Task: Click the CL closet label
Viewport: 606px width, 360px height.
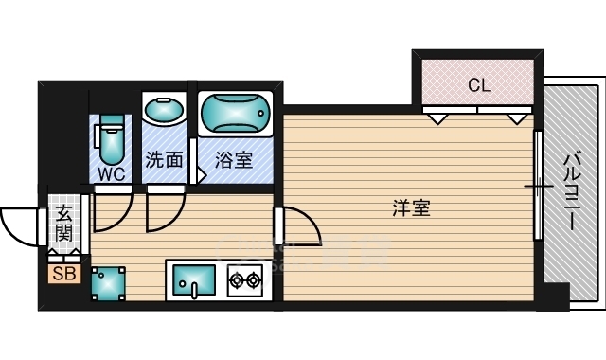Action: tap(479, 84)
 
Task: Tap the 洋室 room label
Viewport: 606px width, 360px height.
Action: tap(411, 207)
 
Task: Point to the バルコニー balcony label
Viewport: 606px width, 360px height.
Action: tap(572, 191)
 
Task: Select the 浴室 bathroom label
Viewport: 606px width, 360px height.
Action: tap(234, 160)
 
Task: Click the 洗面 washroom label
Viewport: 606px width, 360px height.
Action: tap(164, 159)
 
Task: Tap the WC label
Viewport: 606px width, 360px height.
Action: tap(112, 174)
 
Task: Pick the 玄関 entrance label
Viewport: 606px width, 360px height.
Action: tap(63, 224)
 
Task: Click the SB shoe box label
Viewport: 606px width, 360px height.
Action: tap(64, 274)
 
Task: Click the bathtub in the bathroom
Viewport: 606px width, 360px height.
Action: tap(236, 114)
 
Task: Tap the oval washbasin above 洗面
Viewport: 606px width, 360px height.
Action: tap(164, 110)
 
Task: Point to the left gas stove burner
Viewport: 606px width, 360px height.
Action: tap(236, 279)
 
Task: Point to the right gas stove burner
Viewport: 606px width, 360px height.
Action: tap(254, 279)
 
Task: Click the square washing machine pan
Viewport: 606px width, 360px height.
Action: tap(108, 283)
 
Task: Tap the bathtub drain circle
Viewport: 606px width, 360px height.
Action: tap(261, 114)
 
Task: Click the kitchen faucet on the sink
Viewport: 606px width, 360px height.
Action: tap(194, 291)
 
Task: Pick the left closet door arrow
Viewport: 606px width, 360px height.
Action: tap(437, 119)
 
